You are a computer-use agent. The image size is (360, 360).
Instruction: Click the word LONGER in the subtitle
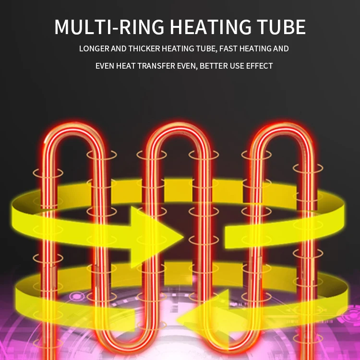click(94, 48)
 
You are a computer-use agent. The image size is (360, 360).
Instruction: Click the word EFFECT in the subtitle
click(259, 66)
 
